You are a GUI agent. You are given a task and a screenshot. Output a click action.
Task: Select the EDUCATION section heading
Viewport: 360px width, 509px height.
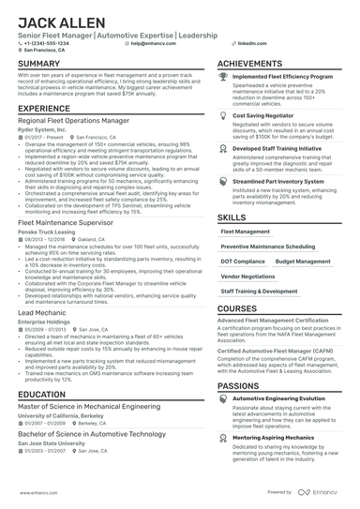[x=42, y=396]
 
